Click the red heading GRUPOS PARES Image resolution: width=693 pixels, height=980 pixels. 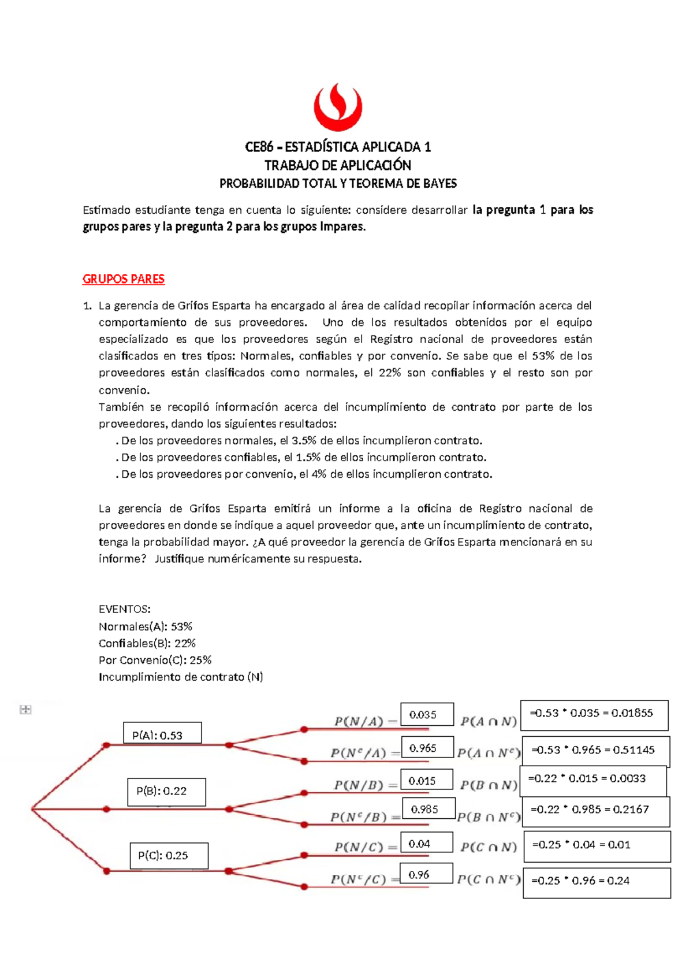(x=124, y=279)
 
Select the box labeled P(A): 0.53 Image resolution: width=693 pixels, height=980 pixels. (x=162, y=733)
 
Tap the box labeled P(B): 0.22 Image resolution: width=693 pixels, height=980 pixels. (x=166, y=792)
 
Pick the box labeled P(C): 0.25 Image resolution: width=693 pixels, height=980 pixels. (x=169, y=856)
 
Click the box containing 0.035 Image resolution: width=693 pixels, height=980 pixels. (x=427, y=715)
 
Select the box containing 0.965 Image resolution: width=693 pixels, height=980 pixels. (x=427, y=748)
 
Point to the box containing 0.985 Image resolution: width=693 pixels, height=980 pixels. (x=429, y=809)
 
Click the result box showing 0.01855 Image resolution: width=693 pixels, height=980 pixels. (x=594, y=715)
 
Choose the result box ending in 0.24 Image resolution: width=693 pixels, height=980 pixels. (x=596, y=882)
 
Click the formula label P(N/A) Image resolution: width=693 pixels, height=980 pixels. (x=359, y=721)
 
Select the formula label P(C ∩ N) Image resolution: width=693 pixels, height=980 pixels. (x=489, y=847)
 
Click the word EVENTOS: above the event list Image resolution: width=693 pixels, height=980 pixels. (x=125, y=609)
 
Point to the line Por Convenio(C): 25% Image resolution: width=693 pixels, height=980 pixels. (x=155, y=660)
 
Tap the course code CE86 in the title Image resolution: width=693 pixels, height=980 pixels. (x=259, y=147)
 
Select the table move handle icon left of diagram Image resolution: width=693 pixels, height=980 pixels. (x=25, y=709)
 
